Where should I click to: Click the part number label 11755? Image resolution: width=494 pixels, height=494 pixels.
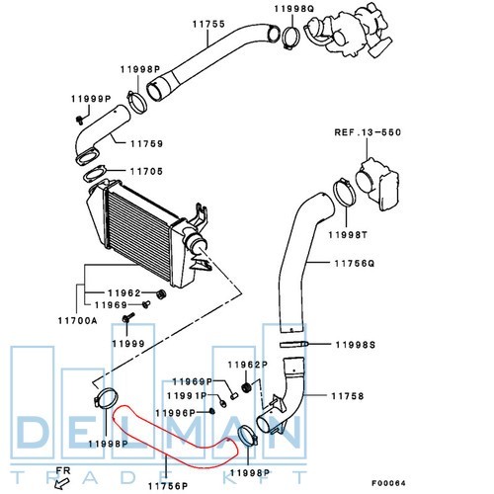click(208, 24)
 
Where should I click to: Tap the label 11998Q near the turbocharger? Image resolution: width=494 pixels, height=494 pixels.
click(294, 9)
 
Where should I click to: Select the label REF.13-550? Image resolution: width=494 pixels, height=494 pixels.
click(368, 132)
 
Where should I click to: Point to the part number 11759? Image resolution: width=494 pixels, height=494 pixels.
click(146, 144)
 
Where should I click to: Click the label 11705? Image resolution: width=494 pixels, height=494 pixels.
click(146, 171)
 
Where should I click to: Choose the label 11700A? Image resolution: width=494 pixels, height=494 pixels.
click(78, 320)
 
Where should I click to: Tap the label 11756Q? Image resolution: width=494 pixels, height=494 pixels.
click(355, 264)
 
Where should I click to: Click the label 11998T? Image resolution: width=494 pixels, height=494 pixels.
click(348, 235)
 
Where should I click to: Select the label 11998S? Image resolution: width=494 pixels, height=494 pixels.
click(356, 345)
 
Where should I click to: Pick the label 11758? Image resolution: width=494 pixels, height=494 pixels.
click(348, 396)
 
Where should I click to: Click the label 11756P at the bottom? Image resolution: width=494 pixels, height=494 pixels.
click(168, 486)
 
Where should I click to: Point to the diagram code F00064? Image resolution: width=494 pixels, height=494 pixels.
click(388, 483)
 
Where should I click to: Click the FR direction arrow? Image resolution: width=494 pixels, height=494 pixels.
click(62, 483)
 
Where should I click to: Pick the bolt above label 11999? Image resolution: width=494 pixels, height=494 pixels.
click(128, 317)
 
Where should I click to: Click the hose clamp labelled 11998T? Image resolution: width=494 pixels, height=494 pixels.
click(345, 192)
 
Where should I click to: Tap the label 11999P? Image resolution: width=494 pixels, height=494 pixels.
click(91, 99)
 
